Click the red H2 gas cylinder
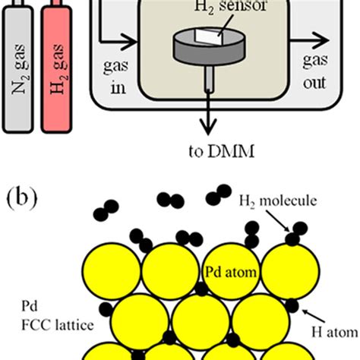pos(62,68)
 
